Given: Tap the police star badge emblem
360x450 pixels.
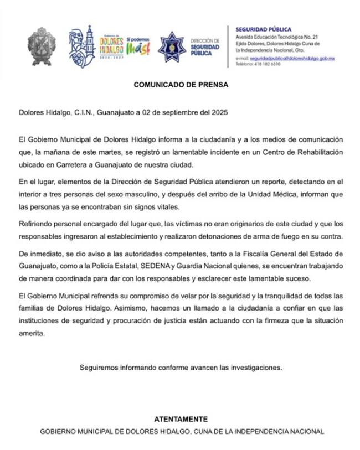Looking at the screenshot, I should (172, 46).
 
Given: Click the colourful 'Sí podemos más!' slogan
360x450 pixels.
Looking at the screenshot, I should (138, 46).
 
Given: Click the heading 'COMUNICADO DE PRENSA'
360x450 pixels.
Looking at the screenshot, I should (181, 85).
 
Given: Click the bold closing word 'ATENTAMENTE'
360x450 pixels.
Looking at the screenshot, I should (181, 419).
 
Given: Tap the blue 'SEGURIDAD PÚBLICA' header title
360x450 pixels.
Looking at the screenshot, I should (264, 29).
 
